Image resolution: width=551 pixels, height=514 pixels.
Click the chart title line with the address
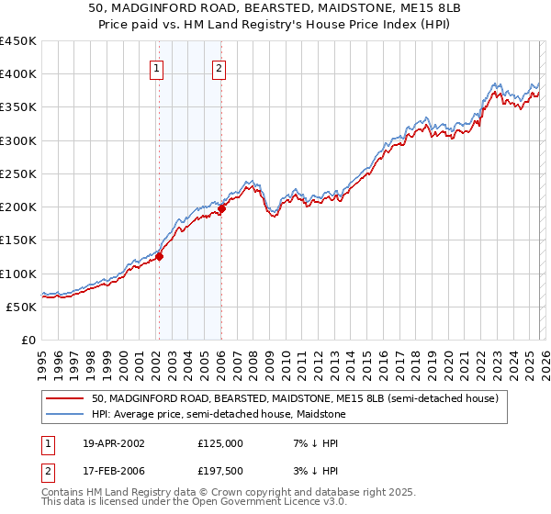click(275, 8)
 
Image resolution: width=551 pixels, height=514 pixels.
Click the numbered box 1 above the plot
click(156, 68)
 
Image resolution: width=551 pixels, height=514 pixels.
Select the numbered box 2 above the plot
click(219, 68)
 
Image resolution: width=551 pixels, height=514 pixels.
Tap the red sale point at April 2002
click(159, 257)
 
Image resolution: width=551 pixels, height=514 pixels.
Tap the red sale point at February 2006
click(221, 209)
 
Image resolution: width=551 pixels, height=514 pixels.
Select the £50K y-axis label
click(22, 307)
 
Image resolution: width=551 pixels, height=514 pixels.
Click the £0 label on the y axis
click(28, 340)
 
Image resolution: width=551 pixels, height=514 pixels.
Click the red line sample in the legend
click(64, 399)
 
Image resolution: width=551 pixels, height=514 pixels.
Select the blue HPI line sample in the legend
click(64, 414)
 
